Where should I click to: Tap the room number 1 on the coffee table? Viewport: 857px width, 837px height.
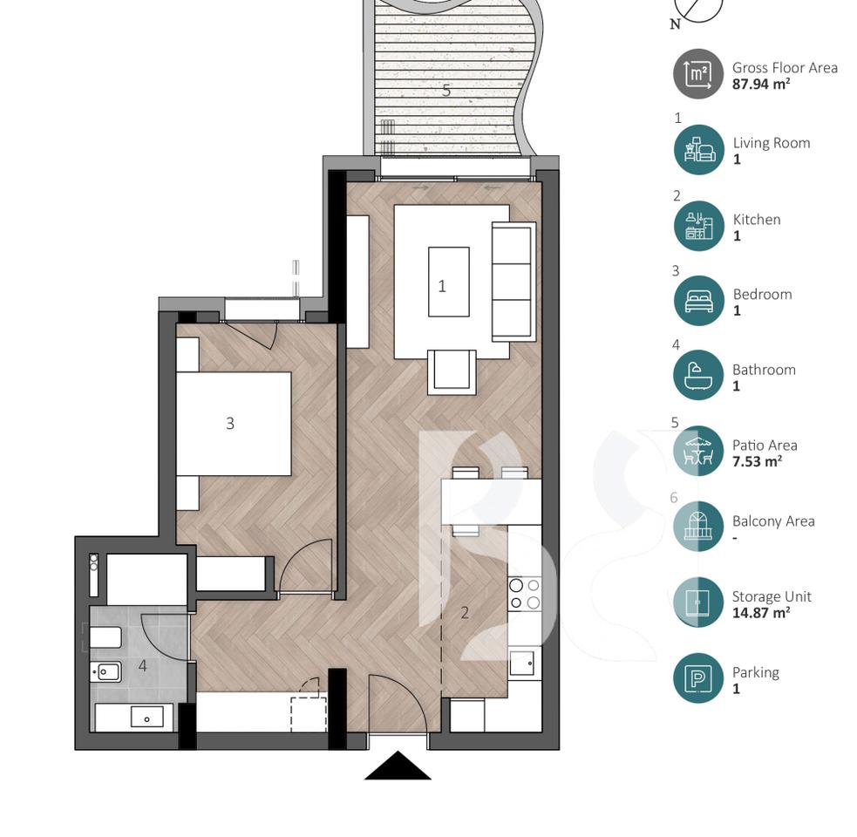click(442, 286)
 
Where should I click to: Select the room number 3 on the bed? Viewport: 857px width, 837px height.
click(230, 424)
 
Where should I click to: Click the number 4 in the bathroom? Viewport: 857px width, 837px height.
click(142, 667)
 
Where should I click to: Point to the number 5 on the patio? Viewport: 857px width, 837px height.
click(446, 90)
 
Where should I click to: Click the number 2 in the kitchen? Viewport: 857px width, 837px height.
click(465, 613)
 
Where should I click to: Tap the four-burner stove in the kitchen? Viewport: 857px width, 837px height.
click(525, 594)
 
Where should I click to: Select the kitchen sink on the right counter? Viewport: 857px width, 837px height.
click(524, 663)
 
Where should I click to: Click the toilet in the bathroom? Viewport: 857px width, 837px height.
click(105, 638)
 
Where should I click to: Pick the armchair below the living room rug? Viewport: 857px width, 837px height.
click(452, 372)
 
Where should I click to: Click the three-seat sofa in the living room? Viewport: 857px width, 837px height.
click(514, 282)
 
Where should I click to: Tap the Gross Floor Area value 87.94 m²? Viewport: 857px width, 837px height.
click(761, 85)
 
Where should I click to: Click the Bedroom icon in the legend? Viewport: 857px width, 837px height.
click(698, 301)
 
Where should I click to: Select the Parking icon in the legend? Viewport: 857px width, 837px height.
click(698, 678)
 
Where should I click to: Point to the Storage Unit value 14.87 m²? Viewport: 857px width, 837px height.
click(761, 613)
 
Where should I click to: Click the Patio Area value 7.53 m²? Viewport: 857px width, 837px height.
click(757, 461)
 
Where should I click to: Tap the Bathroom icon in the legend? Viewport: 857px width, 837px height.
click(698, 376)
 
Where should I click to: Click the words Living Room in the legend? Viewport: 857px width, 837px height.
click(772, 143)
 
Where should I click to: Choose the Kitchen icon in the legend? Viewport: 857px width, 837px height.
click(698, 226)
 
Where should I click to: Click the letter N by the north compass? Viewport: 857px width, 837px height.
click(675, 25)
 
